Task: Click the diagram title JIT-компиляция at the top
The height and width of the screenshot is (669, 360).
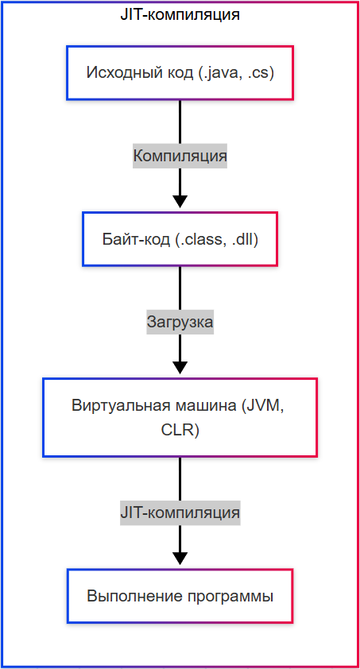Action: coord(180,14)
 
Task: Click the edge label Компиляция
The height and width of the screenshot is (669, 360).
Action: coord(180,156)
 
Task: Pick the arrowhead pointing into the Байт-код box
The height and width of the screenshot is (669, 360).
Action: coord(180,200)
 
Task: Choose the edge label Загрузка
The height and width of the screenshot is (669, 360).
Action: coord(180,323)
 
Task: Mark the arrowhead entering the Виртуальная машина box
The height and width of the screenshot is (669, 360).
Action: coord(180,367)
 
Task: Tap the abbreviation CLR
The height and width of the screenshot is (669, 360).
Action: coord(180,431)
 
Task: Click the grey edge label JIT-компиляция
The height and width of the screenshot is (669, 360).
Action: coord(180,512)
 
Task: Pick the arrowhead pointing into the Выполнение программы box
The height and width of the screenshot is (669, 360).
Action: coord(180,558)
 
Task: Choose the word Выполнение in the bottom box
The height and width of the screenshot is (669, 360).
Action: coord(126,596)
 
